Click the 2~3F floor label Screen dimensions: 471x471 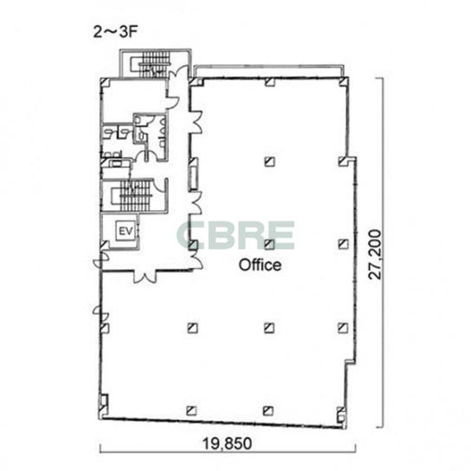coord(115,32)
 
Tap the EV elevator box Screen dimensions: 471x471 coord(126,231)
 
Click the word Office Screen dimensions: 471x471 coord(260,265)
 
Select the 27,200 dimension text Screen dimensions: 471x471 coord(376,255)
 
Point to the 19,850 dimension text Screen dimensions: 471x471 coord(227,443)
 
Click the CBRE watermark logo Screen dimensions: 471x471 coord(235,235)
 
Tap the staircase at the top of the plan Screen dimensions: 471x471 coord(154,65)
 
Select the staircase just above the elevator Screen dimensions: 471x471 coord(132,196)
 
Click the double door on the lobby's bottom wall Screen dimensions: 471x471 coord(145,276)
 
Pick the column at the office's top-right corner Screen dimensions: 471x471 coord(344,81)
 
